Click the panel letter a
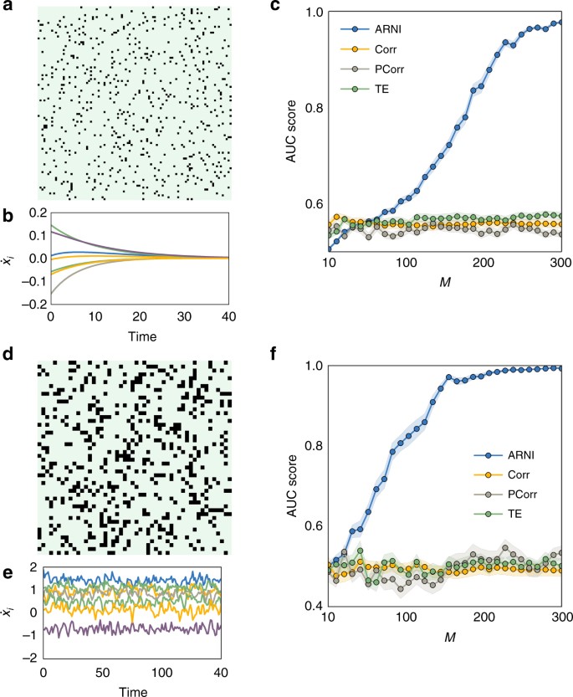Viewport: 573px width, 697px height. (x=9, y=8)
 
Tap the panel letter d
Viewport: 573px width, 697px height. (x=9, y=356)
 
